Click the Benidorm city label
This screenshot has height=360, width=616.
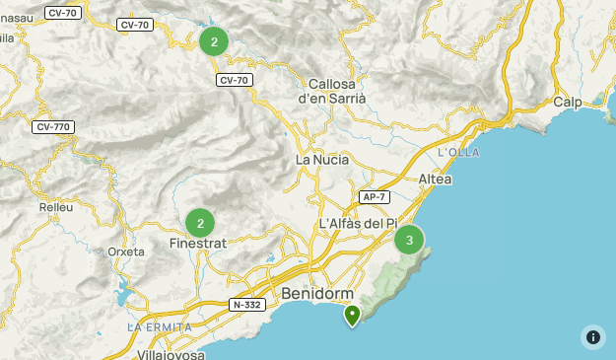point(316,294)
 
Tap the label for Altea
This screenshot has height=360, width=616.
point(435,179)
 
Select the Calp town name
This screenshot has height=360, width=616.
point(567,102)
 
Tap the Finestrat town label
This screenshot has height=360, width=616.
point(199,243)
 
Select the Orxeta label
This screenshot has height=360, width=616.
point(126,252)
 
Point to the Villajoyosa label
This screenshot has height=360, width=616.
point(172,352)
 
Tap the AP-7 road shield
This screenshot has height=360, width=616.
point(373,197)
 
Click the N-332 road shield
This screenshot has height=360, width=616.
point(246,305)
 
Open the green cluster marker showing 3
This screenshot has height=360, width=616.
point(409,240)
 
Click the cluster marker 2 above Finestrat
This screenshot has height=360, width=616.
point(200,223)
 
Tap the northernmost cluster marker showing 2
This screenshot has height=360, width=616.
point(214,41)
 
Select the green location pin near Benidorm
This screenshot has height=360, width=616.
point(352,315)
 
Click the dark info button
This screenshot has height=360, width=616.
point(592,336)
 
